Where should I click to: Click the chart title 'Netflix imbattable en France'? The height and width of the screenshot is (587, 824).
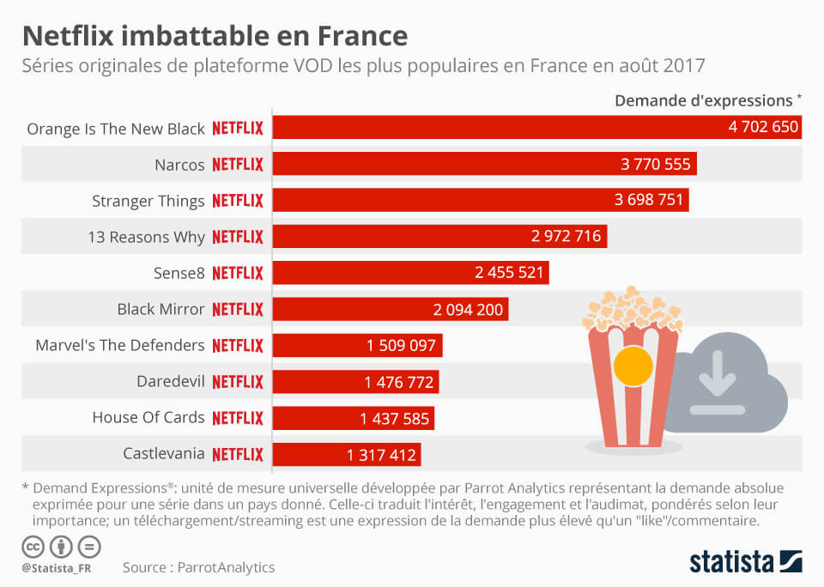point(215,36)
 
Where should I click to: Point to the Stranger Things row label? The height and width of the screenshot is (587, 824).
point(148,201)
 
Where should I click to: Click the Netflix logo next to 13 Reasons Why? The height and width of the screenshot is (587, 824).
point(238,237)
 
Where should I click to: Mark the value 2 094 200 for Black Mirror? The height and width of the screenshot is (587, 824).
point(468,309)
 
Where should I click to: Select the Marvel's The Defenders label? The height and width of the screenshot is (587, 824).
point(120,345)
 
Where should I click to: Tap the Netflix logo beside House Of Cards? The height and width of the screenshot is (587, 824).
point(238,418)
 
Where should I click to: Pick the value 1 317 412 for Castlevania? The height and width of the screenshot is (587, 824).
point(381,455)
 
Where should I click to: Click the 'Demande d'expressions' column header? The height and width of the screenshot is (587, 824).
point(703,100)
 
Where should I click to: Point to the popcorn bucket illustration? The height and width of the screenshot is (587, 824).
point(633,369)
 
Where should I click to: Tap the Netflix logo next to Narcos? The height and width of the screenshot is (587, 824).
point(238,165)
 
